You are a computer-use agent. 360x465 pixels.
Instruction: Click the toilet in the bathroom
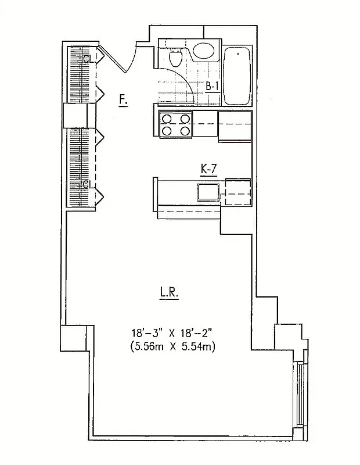coord(175,57)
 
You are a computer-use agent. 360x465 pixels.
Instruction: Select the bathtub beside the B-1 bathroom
coord(237,76)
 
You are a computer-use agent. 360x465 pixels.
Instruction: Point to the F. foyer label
coord(123,100)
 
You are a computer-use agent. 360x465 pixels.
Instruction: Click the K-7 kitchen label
coord(208,169)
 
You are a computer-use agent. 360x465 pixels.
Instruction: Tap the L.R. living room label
coord(169,294)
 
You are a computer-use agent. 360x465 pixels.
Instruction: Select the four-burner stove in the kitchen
coord(176,125)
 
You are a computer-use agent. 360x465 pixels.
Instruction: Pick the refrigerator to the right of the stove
coord(234,125)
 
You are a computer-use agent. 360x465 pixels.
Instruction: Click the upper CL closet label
coord(88,59)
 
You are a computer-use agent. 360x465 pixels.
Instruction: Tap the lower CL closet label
coord(88,185)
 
